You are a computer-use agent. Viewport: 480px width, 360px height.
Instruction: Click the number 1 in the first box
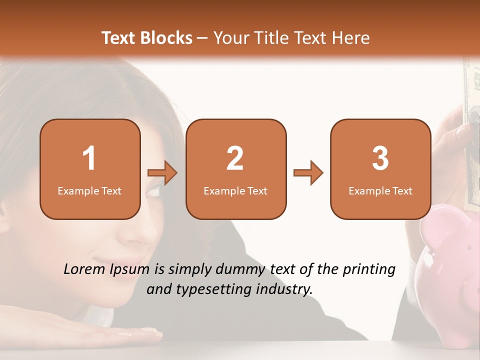(89, 158)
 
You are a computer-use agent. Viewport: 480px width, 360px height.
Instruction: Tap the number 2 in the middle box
(235, 158)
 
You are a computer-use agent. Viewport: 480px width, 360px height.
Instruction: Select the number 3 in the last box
(380, 158)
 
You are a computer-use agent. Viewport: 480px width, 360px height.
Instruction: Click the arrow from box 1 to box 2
(162, 173)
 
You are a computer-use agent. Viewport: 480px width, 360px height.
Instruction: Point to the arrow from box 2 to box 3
(308, 173)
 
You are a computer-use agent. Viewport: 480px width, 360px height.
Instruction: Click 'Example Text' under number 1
(89, 191)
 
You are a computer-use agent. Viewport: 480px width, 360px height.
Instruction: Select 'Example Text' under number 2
(235, 191)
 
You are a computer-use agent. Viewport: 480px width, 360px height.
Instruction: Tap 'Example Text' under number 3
(380, 191)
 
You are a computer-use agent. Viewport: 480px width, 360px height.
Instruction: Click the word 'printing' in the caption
(369, 270)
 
